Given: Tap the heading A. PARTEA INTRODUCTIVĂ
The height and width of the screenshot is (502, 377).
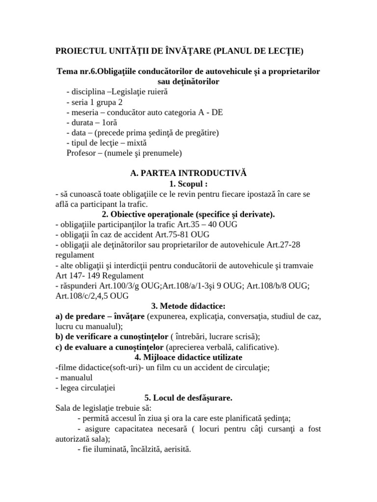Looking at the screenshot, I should point(188,174).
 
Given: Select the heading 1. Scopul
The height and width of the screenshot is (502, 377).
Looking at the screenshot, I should point(188,184).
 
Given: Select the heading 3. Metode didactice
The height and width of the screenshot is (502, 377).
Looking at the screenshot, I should point(188,306).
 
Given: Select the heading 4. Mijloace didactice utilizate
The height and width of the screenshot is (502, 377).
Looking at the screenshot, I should point(188,357).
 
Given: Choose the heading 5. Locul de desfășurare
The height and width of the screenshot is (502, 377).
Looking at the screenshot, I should point(188,398).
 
